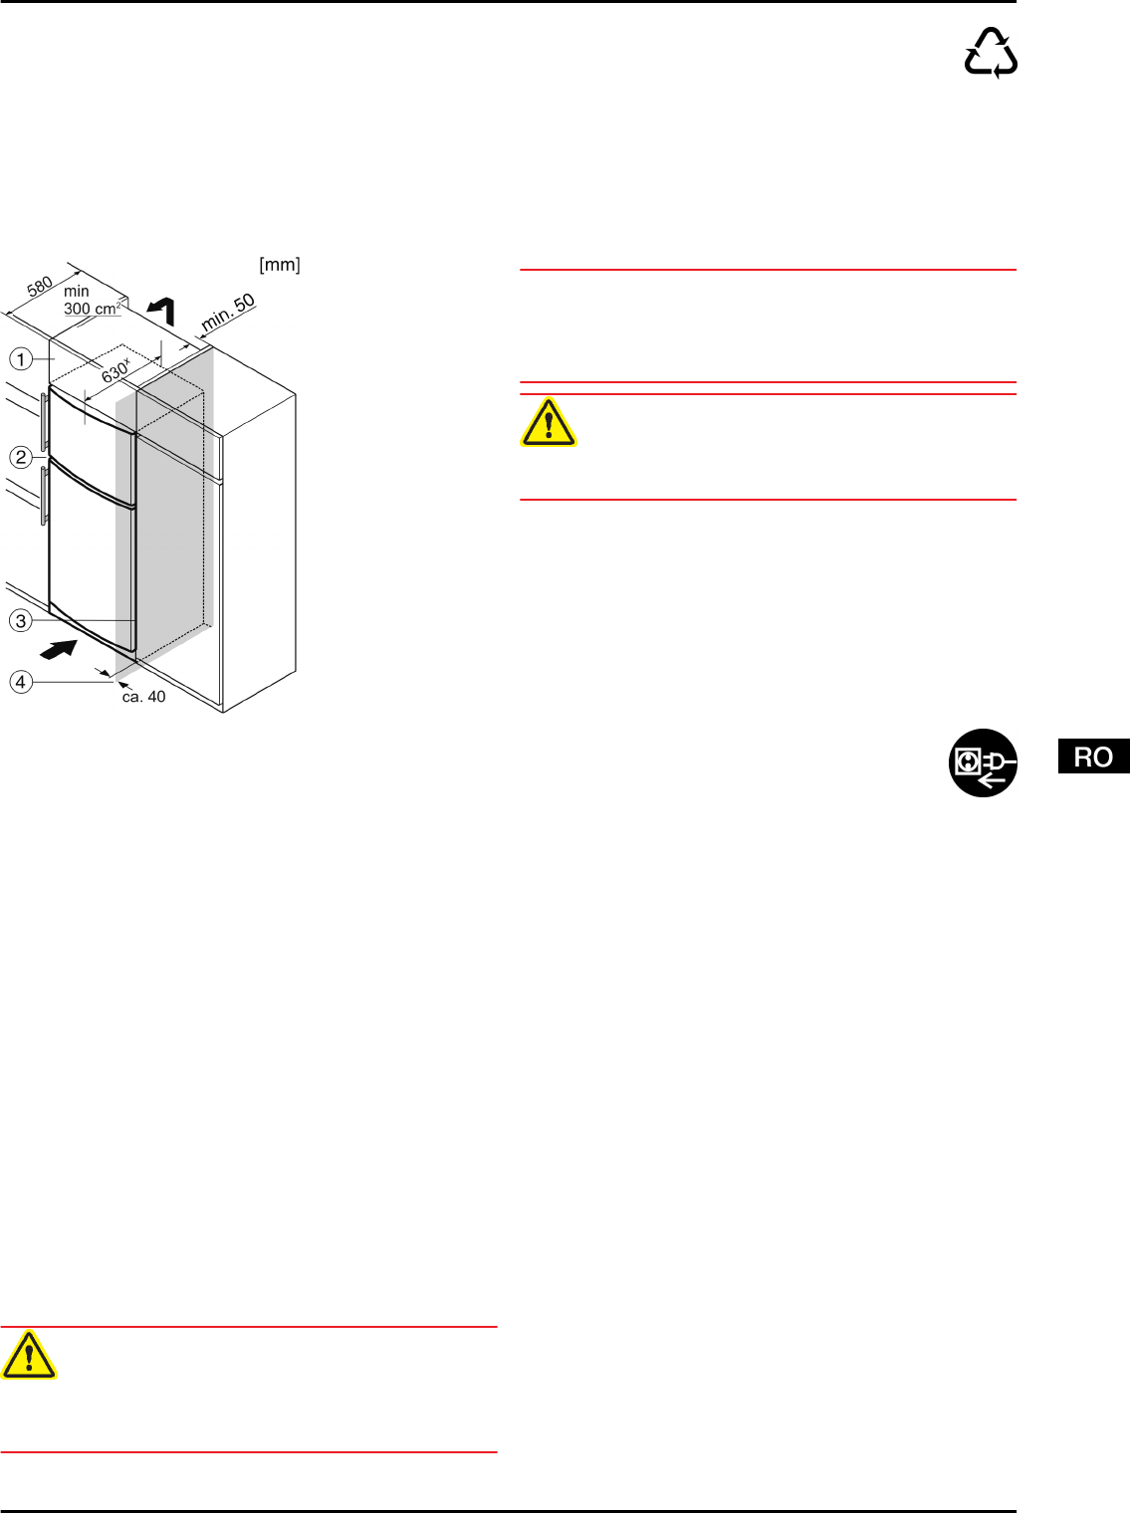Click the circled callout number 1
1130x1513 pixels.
tap(21, 358)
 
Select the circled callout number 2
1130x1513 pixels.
tap(21, 458)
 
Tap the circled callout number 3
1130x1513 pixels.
tap(21, 621)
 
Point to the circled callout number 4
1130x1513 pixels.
tap(21, 682)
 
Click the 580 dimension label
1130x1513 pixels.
tap(40, 287)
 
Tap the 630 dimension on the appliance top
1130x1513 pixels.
tap(115, 370)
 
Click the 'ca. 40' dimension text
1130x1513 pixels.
tap(143, 697)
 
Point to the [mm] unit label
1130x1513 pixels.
tap(280, 265)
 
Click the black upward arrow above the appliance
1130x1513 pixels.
tap(163, 311)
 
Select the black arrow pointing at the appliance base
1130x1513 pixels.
tap(61, 650)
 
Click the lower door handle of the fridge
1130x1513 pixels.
tap(45, 496)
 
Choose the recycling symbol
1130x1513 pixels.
tap(991, 54)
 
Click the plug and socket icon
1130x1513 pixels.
tap(983, 763)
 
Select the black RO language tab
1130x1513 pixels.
tap(1093, 756)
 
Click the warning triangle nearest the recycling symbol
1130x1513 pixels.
tap(548, 422)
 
